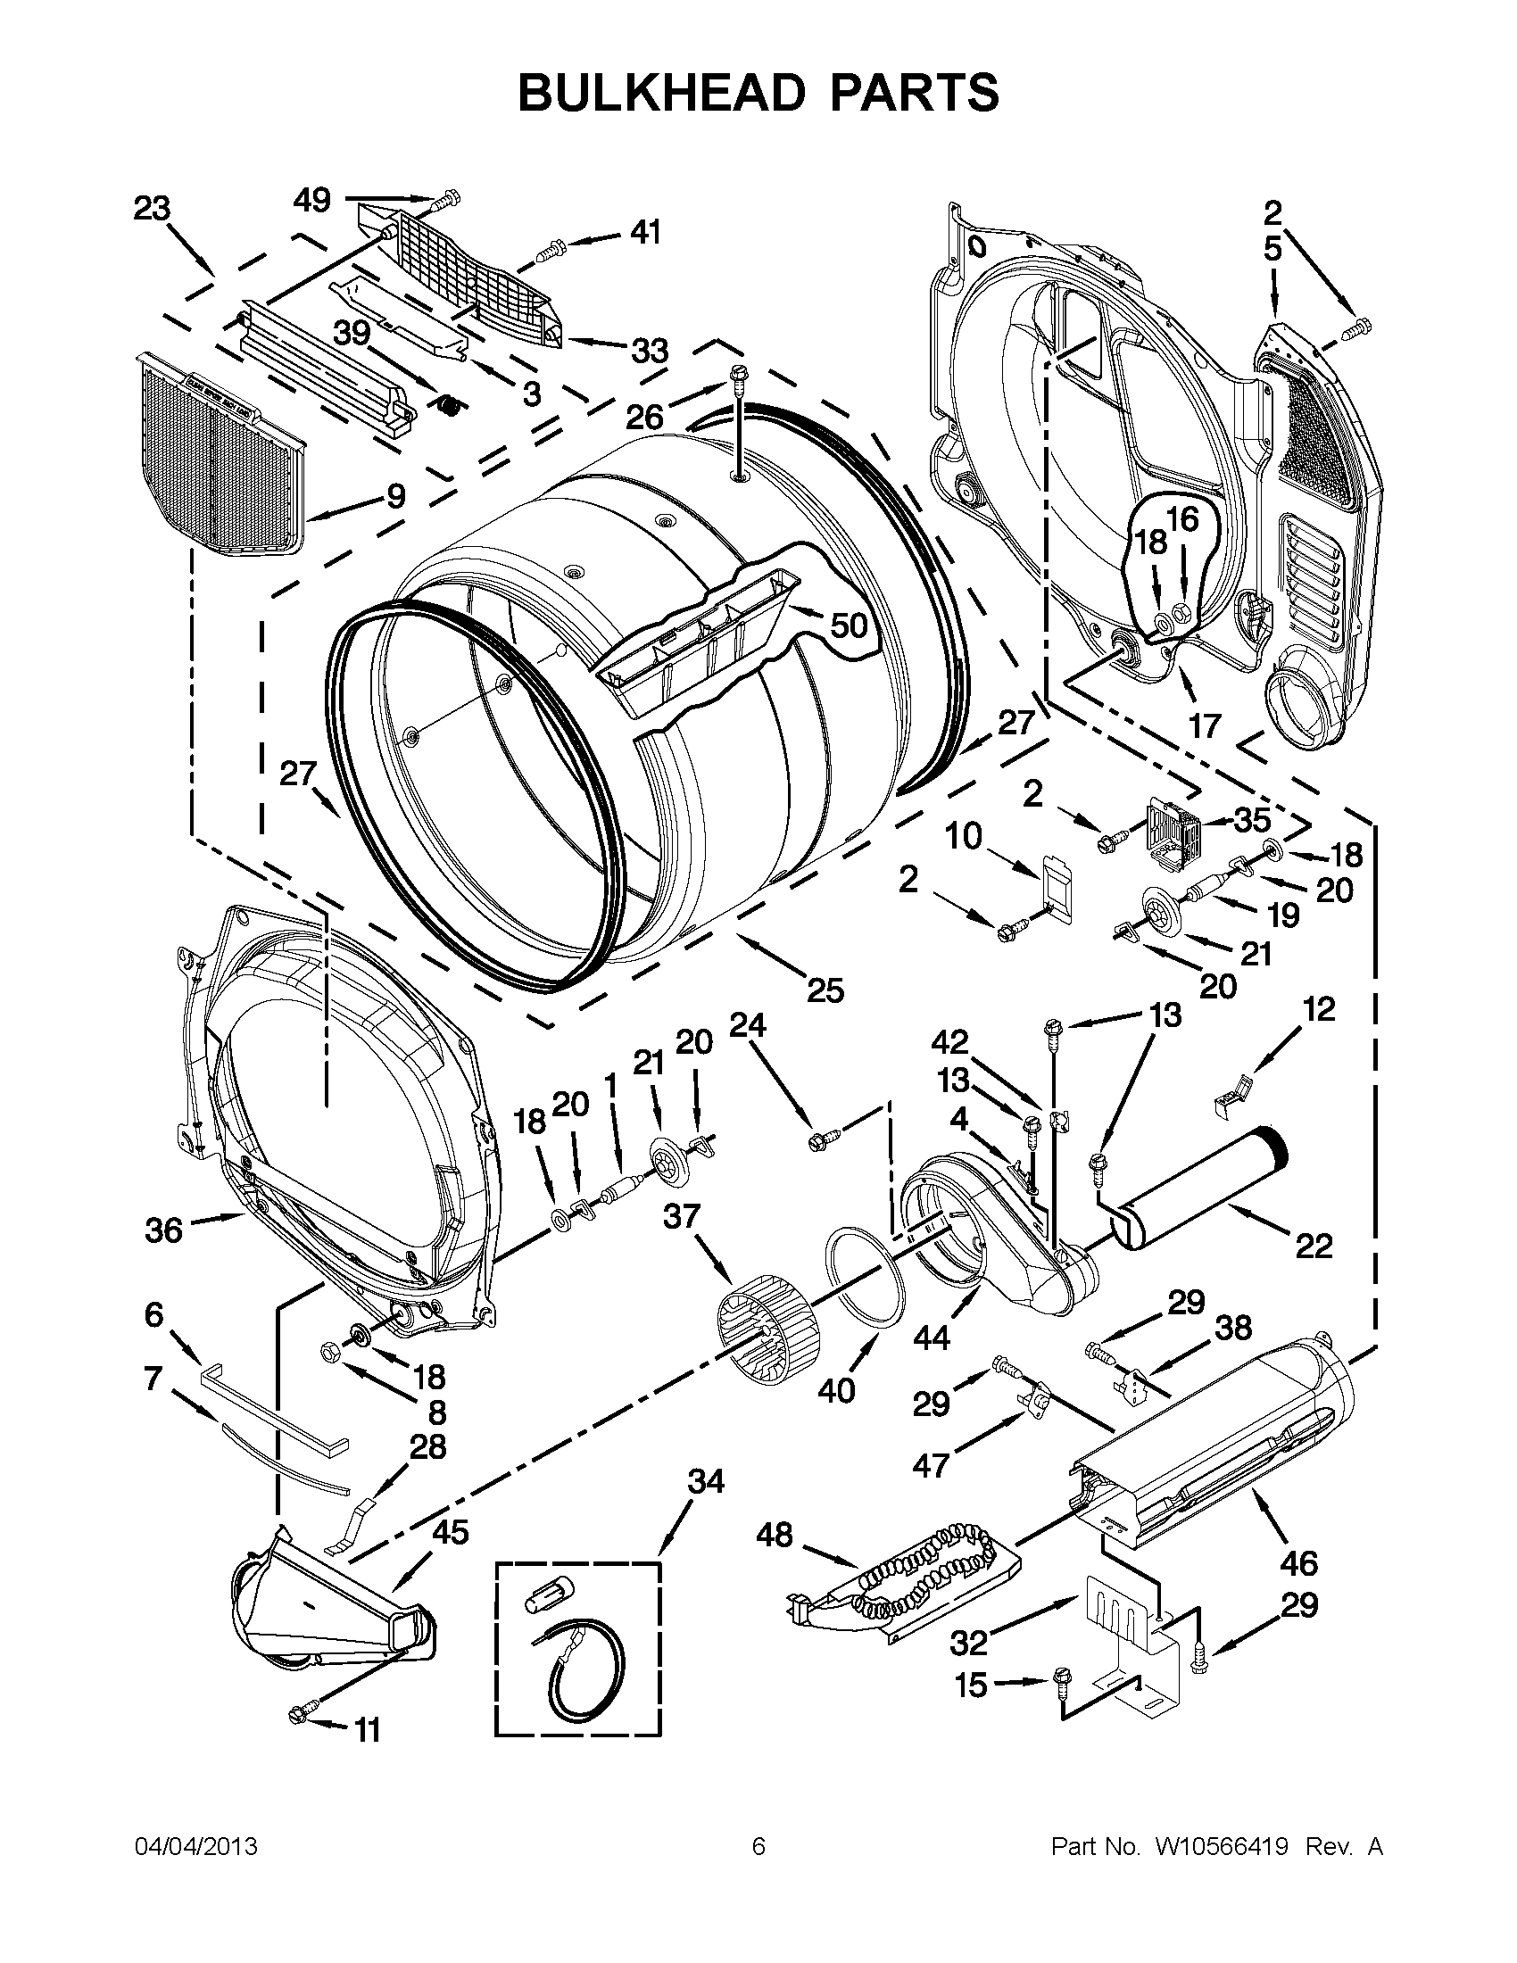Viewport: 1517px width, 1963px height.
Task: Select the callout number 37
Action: [x=681, y=1216]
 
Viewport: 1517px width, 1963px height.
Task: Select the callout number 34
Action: [x=706, y=1480]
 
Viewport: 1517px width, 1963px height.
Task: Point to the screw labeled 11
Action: [x=299, y=1715]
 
